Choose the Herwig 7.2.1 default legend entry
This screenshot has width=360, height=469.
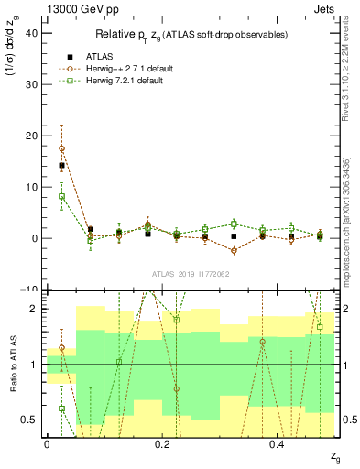[x=125, y=82]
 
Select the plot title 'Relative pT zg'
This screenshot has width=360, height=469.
[x=191, y=35]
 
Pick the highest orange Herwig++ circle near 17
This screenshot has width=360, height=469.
[x=61, y=148]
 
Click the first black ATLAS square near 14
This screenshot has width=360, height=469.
[x=61, y=166]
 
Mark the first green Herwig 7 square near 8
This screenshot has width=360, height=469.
[x=61, y=196]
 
